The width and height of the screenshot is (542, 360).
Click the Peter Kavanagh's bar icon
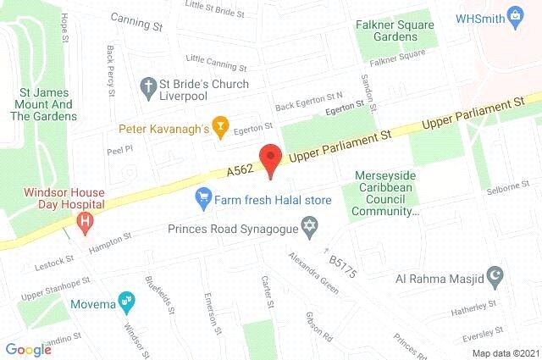220,128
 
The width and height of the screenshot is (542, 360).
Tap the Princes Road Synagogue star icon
310,227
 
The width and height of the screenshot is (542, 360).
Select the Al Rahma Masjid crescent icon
498,276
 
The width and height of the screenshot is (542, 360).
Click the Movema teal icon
125,300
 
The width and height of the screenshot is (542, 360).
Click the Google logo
28,349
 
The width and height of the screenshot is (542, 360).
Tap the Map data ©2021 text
504,352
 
